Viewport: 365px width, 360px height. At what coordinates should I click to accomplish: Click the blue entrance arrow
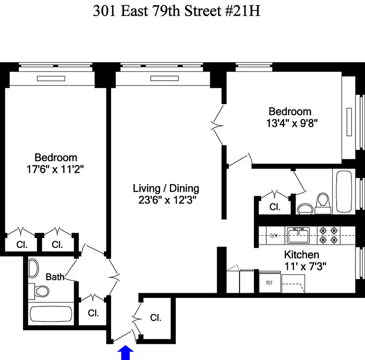(125, 353)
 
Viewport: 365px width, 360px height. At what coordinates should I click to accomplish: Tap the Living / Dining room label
(166, 188)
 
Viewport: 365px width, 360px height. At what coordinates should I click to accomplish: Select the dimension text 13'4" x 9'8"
(290, 123)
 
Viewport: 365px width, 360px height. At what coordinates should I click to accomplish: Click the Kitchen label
(301, 254)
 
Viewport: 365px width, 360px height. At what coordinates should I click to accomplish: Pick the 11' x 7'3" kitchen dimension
(305, 266)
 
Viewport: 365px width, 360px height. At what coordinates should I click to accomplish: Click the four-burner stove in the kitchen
(329, 235)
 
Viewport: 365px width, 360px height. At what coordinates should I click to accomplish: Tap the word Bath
(55, 277)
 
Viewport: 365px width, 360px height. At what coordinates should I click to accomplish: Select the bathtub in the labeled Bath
(50, 314)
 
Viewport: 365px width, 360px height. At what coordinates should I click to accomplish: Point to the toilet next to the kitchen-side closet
(322, 203)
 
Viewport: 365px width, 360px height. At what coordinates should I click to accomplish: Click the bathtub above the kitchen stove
(345, 191)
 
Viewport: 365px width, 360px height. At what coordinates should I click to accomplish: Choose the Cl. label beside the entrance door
(156, 318)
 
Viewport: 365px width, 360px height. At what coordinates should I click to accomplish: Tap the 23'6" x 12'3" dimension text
(166, 200)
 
